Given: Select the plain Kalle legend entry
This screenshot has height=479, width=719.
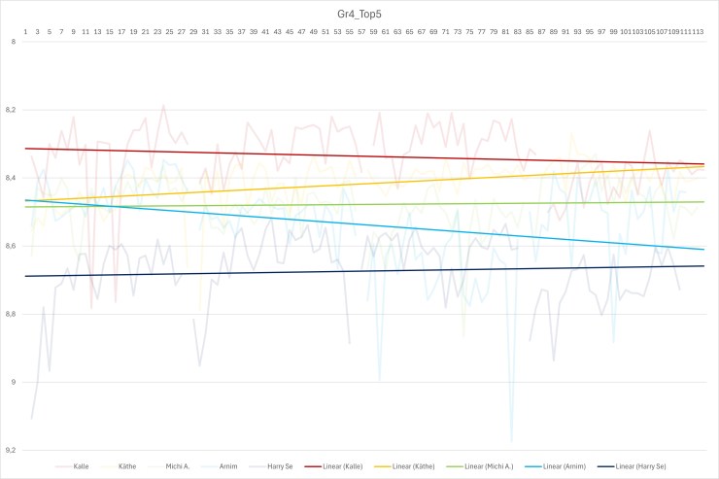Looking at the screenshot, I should (82, 467).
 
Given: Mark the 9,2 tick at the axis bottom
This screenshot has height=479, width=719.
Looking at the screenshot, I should (12, 451).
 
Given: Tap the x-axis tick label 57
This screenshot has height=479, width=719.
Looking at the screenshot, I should (362, 32).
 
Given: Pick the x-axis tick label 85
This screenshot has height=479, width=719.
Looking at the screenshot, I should (530, 32).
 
